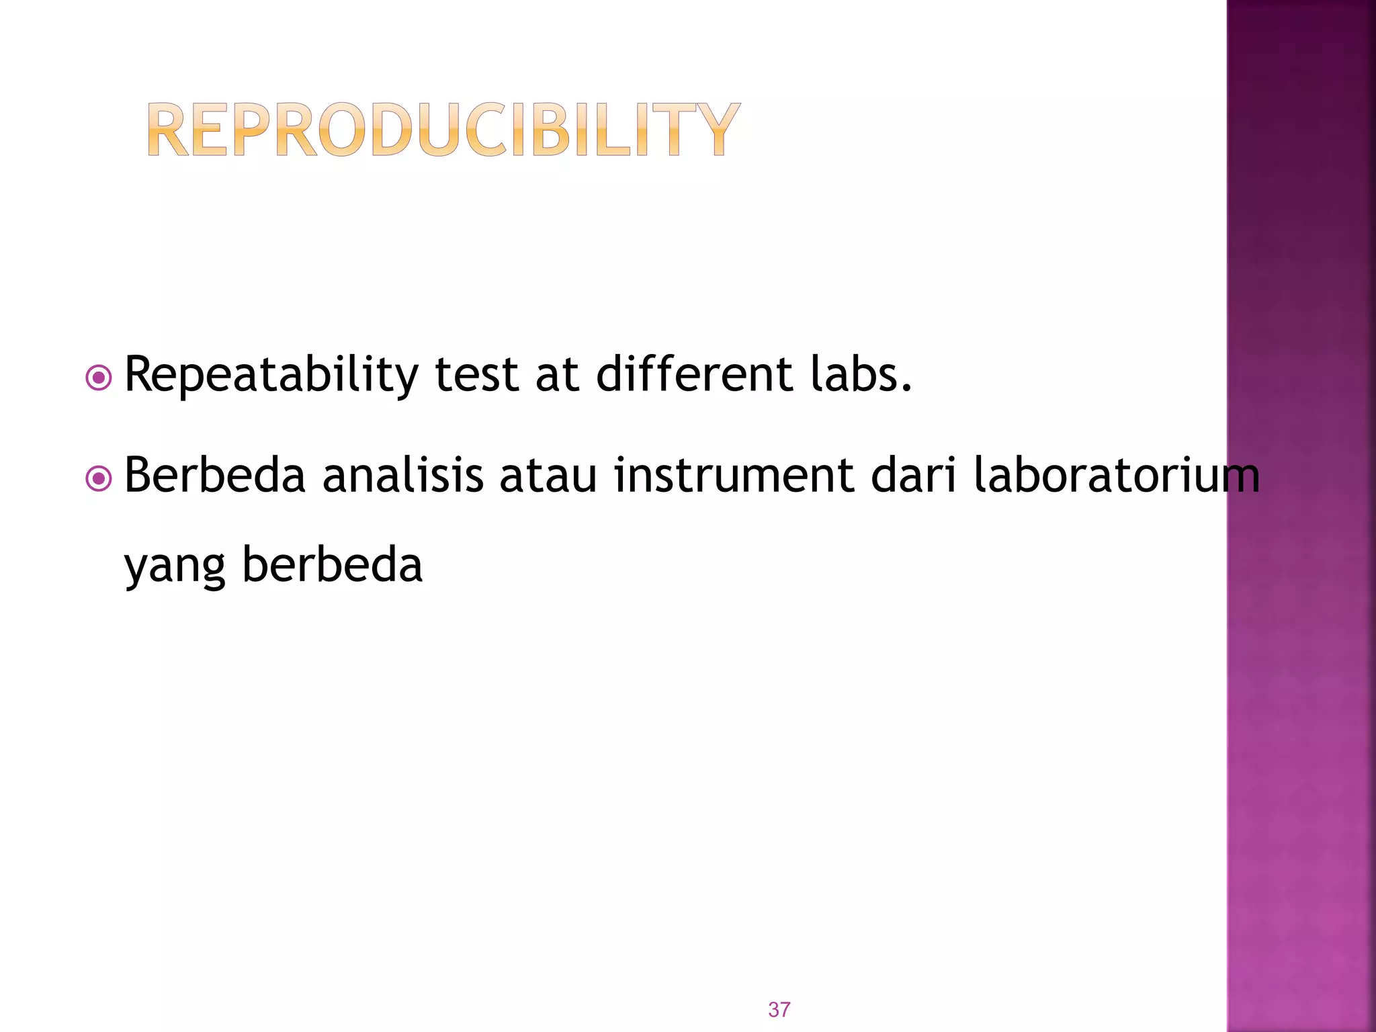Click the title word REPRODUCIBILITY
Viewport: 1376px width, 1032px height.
click(443, 130)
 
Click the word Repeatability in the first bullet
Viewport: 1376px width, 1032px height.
click(271, 375)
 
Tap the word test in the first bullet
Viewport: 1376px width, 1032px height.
click(476, 375)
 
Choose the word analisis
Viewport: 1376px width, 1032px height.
click(402, 475)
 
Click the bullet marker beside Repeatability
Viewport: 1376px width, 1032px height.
click(99, 378)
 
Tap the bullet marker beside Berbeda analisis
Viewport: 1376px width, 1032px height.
click(99, 479)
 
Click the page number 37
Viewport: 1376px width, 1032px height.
click(779, 1009)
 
